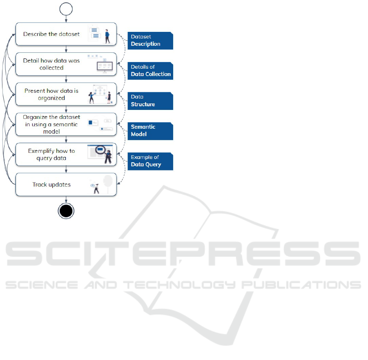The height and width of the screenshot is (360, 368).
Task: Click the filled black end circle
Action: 66,210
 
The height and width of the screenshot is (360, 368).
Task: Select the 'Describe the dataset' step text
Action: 51,34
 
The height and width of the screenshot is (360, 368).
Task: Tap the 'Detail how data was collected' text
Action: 51,64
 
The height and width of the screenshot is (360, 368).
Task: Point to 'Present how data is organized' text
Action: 51,94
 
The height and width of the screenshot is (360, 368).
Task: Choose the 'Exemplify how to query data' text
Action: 51,154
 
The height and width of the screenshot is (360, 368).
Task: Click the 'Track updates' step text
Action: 51,185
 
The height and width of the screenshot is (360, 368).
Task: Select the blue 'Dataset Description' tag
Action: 150,40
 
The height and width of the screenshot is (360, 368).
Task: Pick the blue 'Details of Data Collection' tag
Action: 150,71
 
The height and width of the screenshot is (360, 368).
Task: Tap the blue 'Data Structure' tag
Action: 150,101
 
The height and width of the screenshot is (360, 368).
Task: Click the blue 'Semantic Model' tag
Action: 150,131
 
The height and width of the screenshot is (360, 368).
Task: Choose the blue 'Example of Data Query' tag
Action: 150,161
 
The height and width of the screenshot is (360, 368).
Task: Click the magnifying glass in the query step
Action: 101,150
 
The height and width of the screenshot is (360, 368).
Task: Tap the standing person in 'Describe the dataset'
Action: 107,36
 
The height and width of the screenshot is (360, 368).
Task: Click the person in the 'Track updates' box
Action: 96,188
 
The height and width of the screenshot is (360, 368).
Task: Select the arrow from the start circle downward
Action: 66,19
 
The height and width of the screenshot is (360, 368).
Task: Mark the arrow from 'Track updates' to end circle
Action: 66,199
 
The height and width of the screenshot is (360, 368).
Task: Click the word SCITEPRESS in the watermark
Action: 183,254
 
